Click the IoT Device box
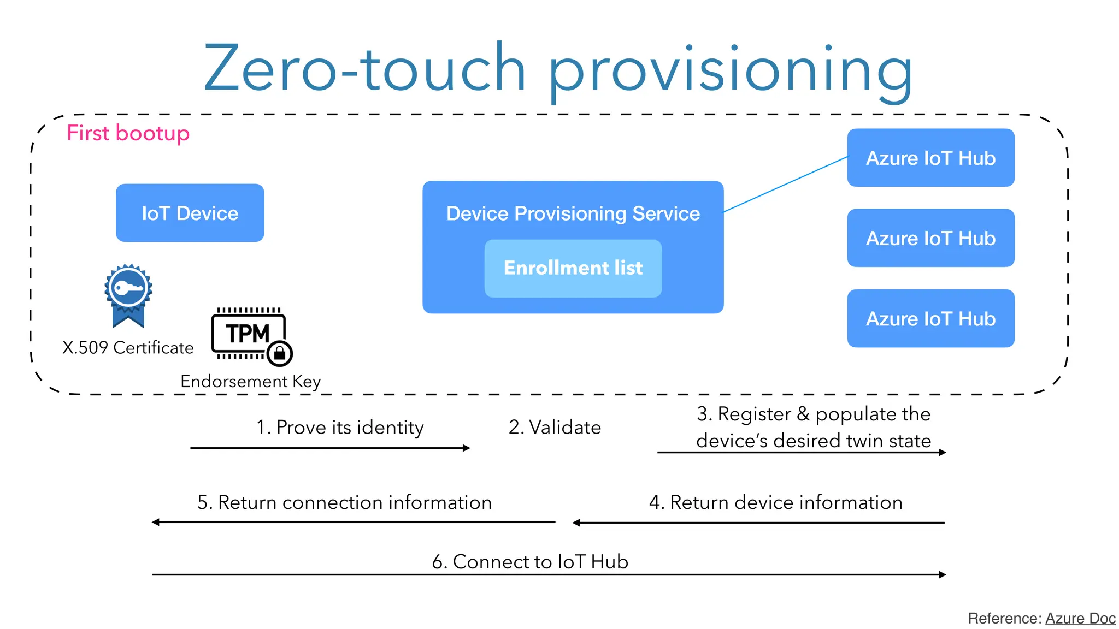click(190, 213)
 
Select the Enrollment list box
click(573, 268)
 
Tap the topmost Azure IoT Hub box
click(930, 158)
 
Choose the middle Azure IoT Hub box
click(930, 238)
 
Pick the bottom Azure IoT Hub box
click(930, 318)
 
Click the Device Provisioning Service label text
click(573, 213)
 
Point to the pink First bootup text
click(128, 133)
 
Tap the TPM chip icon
click(248, 333)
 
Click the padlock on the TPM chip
click(280, 353)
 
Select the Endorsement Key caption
click(250, 381)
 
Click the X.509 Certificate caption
click(128, 348)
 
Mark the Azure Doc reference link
click(1080, 618)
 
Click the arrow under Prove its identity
click(330, 448)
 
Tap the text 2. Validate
click(554, 427)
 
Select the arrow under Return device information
click(758, 523)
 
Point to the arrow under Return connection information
click(353, 522)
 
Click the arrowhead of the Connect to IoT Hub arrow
click(942, 574)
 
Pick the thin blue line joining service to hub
click(785, 185)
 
